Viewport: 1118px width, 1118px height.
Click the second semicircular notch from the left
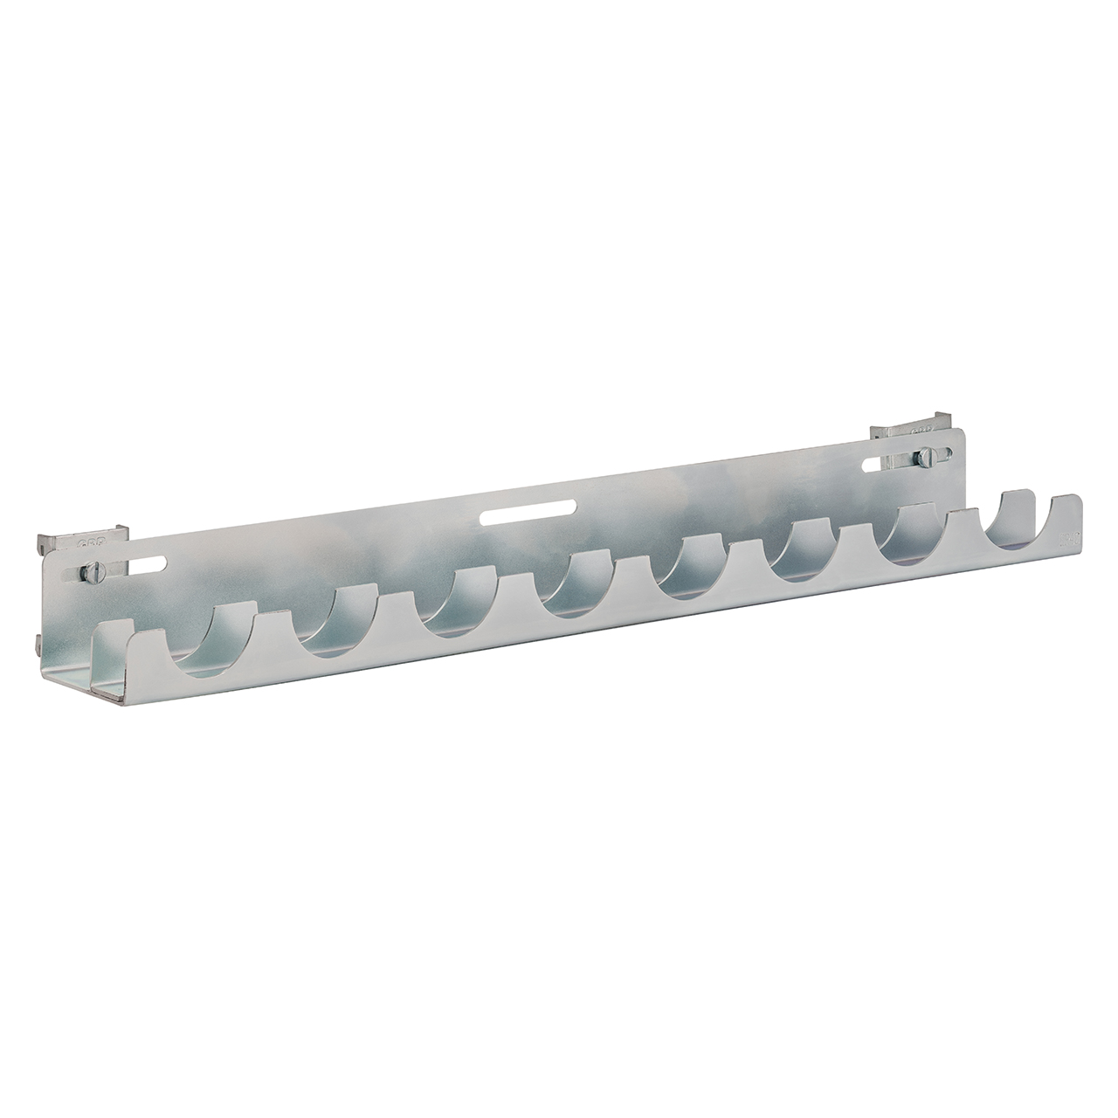pos(340,622)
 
